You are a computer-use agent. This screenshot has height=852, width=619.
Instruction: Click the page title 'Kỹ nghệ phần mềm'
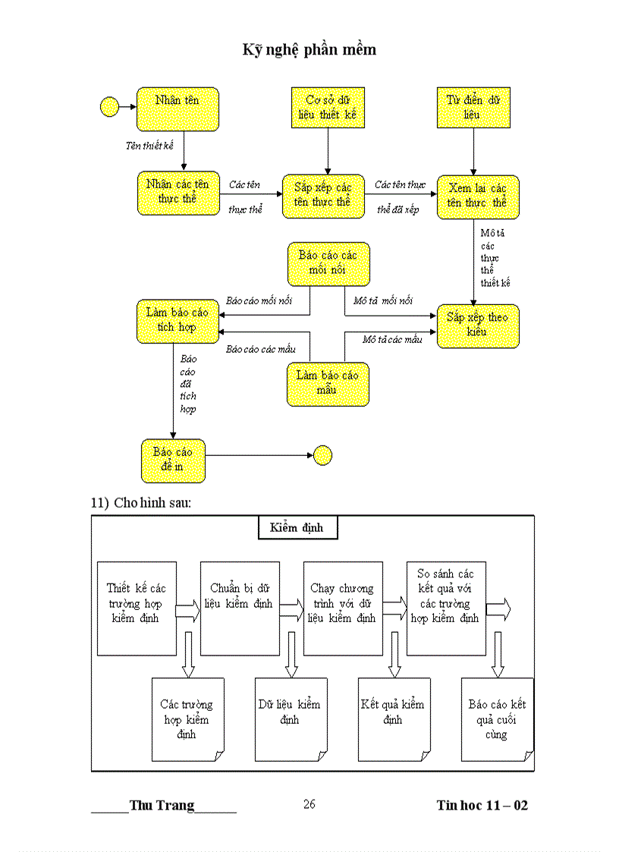[309, 50]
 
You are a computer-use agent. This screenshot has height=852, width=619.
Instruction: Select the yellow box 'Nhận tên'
[178, 108]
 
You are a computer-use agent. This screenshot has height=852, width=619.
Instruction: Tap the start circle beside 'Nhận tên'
[110, 107]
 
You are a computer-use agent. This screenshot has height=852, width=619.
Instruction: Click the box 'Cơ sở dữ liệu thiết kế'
[328, 108]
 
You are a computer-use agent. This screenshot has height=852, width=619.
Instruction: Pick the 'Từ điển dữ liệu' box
[473, 108]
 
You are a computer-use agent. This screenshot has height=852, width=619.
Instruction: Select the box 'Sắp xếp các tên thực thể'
[323, 196]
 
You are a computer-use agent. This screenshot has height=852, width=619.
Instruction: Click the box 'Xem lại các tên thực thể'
[477, 196]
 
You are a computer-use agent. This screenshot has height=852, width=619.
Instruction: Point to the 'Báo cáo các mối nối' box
[328, 263]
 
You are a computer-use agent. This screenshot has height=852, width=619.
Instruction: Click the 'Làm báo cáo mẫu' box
[328, 383]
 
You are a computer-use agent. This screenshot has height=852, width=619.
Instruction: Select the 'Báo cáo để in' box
[173, 460]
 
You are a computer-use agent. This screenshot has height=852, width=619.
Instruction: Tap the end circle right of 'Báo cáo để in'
[322, 455]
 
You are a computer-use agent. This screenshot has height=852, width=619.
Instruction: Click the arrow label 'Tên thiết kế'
[149, 146]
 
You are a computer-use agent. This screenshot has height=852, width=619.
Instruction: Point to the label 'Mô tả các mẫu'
[391, 339]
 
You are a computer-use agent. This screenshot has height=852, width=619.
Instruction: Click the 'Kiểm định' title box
[296, 527]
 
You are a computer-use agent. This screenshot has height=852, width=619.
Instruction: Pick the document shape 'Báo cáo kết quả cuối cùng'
[497, 719]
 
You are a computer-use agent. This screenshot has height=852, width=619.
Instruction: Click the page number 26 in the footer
[309, 804]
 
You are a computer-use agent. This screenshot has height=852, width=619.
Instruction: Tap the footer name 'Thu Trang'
[162, 806]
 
